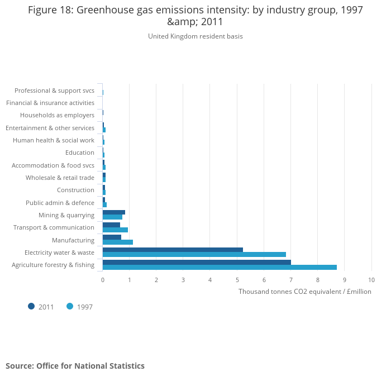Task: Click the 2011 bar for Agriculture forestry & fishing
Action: click(197, 262)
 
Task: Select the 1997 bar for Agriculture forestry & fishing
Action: click(220, 267)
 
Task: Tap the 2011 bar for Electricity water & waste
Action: click(173, 250)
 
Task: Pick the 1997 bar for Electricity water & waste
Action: click(194, 255)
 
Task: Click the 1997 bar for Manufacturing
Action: click(118, 242)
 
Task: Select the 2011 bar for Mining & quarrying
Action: click(114, 212)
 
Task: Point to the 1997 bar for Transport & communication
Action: click(115, 230)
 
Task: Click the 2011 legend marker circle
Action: click(31, 306)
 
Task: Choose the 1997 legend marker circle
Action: click(70, 306)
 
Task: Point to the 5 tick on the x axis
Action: click(237, 279)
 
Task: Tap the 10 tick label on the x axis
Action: click(371, 279)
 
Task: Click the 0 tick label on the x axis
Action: click(103, 279)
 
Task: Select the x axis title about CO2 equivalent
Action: click(304, 292)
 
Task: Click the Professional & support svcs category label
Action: click(54, 91)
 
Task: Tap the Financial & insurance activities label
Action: click(50, 103)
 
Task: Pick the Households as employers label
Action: click(57, 115)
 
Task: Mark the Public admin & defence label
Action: click(60, 203)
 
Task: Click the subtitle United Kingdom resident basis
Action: click(195, 36)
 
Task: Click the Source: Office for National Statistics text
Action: click(75, 366)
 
